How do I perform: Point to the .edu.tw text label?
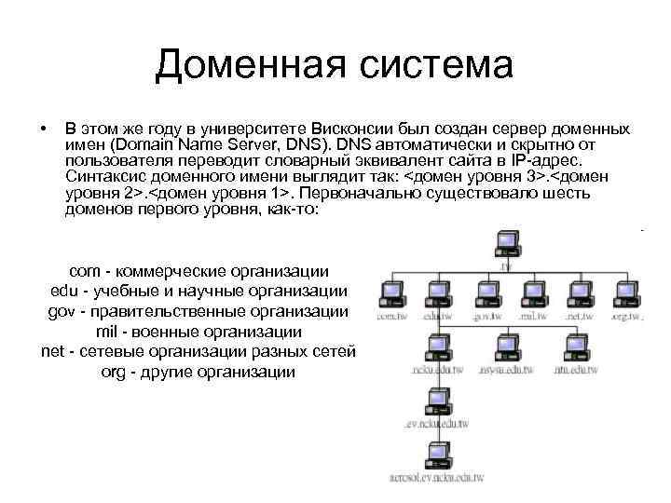coord(436,318)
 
